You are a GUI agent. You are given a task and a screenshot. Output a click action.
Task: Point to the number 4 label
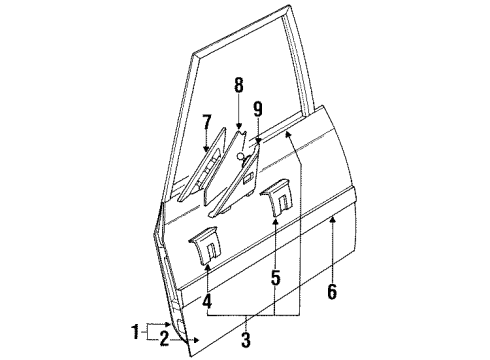[x=207, y=299]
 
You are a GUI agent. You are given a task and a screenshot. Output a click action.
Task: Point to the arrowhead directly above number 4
[x=207, y=268]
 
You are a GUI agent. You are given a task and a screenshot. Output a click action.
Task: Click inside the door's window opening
[x=250, y=100]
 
